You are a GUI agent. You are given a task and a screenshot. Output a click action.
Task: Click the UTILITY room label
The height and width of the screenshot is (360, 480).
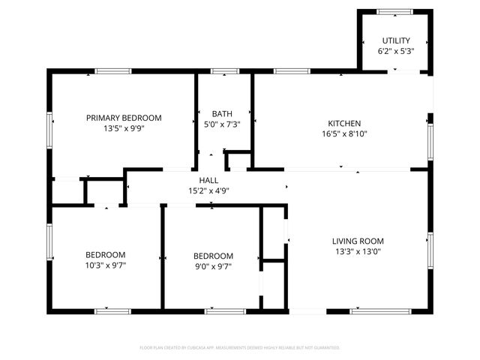pyautogui.click(x=397, y=40)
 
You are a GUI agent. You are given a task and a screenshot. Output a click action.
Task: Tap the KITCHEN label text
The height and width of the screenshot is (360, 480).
pyautogui.click(x=344, y=124)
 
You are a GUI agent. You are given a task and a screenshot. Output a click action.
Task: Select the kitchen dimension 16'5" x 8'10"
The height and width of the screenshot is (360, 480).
pyautogui.click(x=344, y=134)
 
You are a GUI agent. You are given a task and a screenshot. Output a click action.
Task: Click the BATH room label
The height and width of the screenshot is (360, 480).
pyautogui.click(x=221, y=114)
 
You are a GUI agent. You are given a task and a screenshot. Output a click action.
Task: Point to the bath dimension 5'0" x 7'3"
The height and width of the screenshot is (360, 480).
pyautogui.click(x=221, y=124)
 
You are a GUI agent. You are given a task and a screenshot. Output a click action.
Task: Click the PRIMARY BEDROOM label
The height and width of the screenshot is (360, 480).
pyautogui.click(x=124, y=118)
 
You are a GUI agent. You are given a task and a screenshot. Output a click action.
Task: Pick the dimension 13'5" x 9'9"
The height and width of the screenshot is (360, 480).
pyautogui.click(x=124, y=128)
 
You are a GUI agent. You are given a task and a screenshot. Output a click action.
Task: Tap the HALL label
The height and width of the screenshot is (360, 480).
pyautogui.click(x=208, y=180)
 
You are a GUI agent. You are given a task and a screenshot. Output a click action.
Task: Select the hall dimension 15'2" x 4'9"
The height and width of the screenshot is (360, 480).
pyautogui.click(x=208, y=190)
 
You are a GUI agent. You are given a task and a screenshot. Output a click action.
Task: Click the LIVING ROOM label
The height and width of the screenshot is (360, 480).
pyautogui.click(x=358, y=241)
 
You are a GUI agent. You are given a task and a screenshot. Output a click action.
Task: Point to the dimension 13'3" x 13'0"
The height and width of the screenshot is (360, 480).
pyautogui.click(x=358, y=252)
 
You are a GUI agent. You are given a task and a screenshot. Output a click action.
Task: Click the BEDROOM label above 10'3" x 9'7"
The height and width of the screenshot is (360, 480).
pyautogui.click(x=105, y=255)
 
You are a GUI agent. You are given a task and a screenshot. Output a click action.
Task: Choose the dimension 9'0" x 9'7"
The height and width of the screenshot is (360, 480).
pyautogui.click(x=213, y=265)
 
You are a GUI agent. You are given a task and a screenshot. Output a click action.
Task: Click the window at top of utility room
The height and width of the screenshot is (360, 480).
pyautogui.click(x=395, y=11)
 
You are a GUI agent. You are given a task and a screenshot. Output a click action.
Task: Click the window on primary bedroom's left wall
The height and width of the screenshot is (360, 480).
pyautogui.click(x=49, y=130)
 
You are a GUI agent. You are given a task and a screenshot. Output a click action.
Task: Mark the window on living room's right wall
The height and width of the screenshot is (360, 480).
pyautogui.click(x=430, y=250)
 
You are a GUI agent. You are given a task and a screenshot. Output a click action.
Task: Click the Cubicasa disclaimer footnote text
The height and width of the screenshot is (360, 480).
pyautogui.click(x=240, y=348)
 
